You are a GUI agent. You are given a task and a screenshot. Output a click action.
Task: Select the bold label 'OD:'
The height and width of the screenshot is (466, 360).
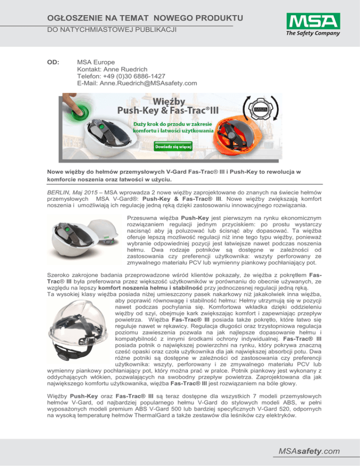(x=53, y=61)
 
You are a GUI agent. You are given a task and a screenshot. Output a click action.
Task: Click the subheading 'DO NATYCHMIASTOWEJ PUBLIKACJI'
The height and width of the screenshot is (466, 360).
(x=104, y=30)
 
